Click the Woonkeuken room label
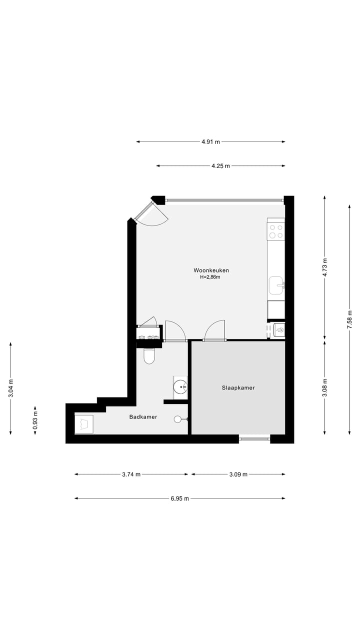(x=211, y=270)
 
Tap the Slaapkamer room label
(x=238, y=387)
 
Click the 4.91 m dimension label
(x=210, y=141)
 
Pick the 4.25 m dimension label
(x=220, y=165)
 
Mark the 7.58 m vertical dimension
(x=349, y=318)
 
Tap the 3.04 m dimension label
(x=10, y=388)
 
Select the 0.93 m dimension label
(x=35, y=420)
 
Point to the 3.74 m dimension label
(x=131, y=474)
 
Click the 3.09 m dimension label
(x=238, y=474)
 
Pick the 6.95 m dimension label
(x=179, y=498)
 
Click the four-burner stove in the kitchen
(x=276, y=231)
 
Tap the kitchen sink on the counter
(x=276, y=286)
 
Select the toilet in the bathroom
(x=149, y=355)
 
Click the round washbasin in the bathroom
(x=180, y=386)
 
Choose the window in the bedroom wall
(x=254, y=439)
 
